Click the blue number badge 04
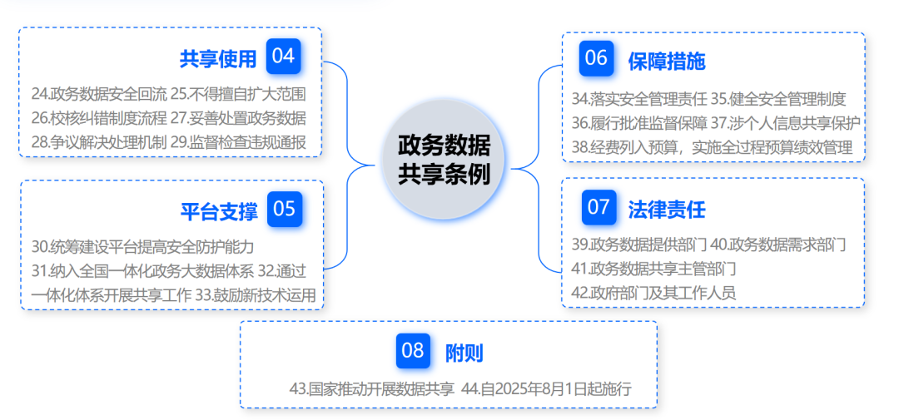coord(283,57)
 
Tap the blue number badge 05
coord(284,209)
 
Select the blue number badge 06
coord(596,58)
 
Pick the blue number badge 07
coord(599,207)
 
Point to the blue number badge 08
coord(413,351)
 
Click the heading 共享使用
coord(218,58)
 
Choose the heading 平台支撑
coord(219,210)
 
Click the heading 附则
coord(464,353)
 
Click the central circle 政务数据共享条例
coord(444,160)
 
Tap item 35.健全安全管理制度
coord(778,99)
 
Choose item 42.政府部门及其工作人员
coord(653,292)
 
